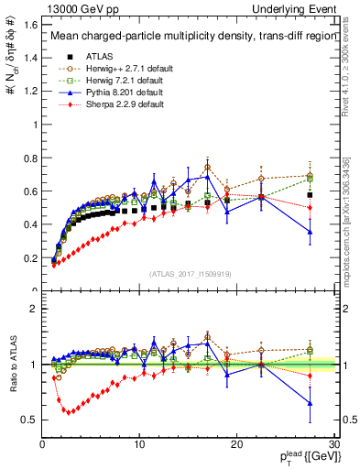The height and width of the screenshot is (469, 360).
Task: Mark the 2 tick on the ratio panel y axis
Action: click(x=33, y=309)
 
